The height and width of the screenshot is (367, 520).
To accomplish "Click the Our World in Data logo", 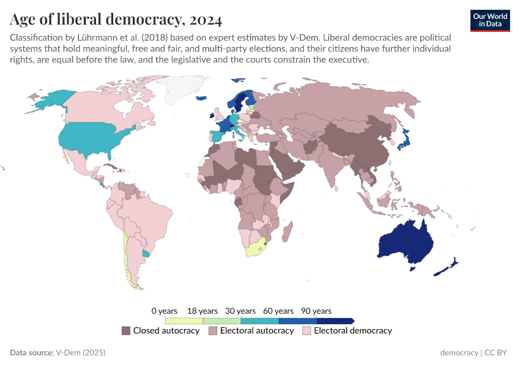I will [x=490, y=20].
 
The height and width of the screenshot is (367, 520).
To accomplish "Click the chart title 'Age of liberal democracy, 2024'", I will [x=116, y=20].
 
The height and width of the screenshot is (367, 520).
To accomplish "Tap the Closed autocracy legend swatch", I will [x=126, y=331].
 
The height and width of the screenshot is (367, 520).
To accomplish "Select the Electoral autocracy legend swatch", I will [x=213, y=331].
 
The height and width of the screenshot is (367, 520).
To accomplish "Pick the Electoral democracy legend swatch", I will [x=307, y=331].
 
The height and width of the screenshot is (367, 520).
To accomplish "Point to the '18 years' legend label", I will [x=202, y=311].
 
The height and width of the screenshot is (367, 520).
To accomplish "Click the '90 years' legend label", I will [x=316, y=311].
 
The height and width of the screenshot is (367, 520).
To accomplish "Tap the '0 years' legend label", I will [x=164, y=311].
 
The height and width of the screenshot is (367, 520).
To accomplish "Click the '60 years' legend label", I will [x=278, y=311].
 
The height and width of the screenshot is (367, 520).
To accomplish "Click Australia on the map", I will [x=406, y=242].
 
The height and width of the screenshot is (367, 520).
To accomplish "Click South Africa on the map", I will [x=256, y=249].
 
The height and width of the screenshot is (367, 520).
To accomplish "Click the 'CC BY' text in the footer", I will [x=497, y=353].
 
